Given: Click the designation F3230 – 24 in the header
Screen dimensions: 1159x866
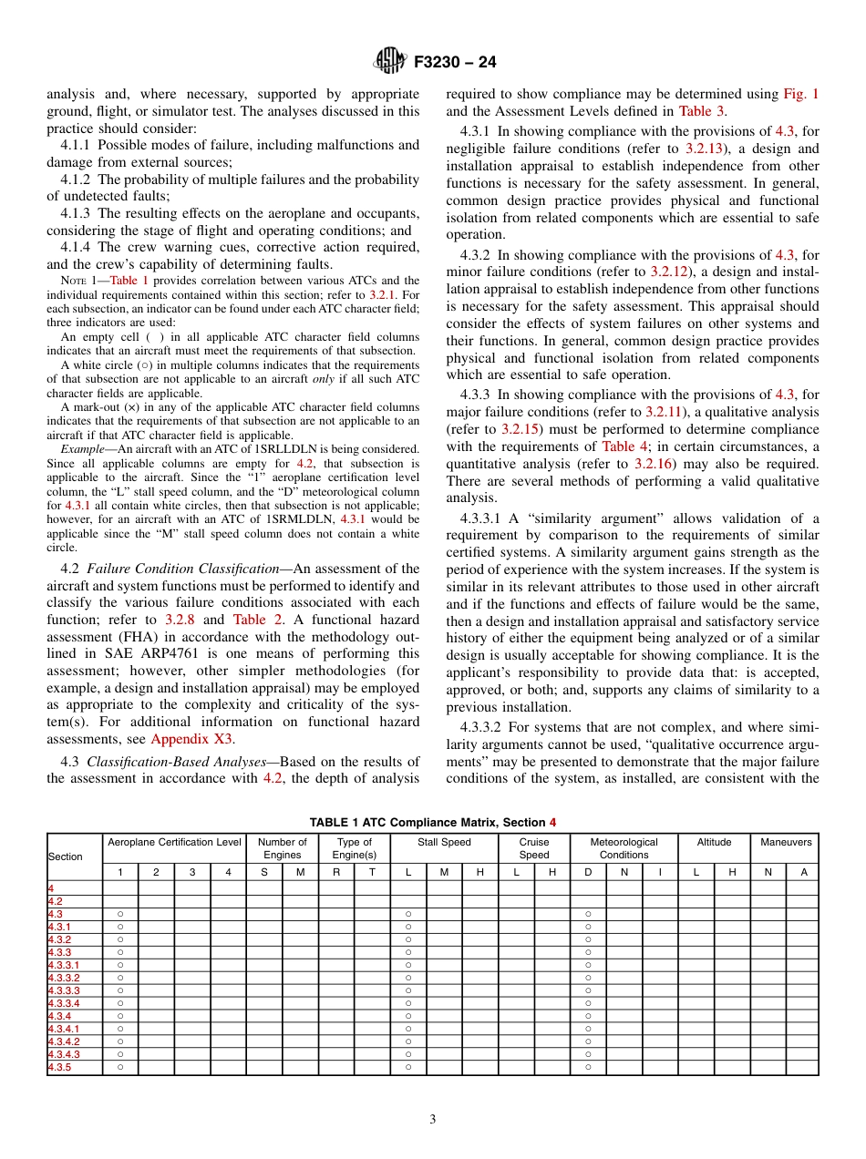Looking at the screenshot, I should tap(455, 63).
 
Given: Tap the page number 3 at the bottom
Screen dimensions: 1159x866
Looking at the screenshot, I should tap(433, 1120).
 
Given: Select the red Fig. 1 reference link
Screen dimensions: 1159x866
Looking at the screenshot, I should tap(800, 94).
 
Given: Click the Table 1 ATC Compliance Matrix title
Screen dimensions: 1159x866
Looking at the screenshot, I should tap(432, 822).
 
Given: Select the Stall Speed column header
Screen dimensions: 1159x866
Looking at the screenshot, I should tap(444, 842).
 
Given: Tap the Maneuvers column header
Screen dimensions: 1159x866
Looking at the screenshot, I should tap(785, 842).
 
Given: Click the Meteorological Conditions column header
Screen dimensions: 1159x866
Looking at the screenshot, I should tap(624, 848).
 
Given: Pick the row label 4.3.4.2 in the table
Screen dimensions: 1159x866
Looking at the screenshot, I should tap(64, 1041).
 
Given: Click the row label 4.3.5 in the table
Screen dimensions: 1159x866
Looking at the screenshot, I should tap(59, 1067).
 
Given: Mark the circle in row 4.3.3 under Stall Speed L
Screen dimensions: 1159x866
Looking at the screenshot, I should tap(408, 952).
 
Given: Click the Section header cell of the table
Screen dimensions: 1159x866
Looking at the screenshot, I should tap(66, 856).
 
